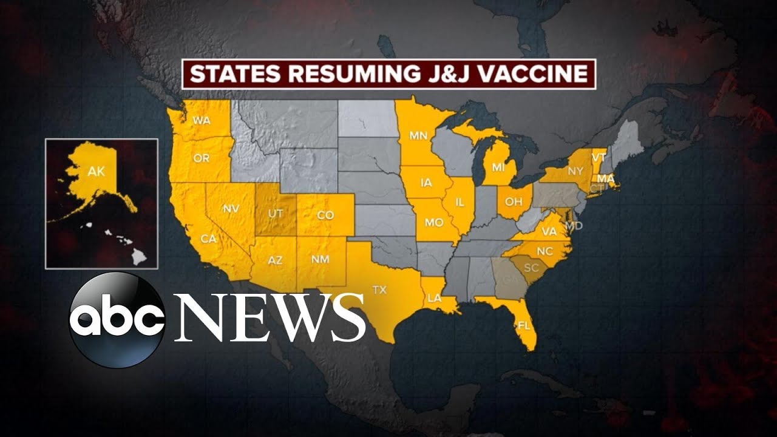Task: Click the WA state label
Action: tap(202, 121)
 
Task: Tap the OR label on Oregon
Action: tap(202, 158)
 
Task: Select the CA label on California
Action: tap(208, 239)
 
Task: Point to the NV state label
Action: tap(231, 209)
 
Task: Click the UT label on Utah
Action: tap(276, 214)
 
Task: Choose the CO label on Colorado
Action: tap(325, 215)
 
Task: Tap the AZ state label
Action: tap(275, 260)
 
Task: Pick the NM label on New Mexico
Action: tap(321, 259)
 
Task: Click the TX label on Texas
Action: tap(379, 290)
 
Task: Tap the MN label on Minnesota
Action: tap(418, 135)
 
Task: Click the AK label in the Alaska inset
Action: tap(97, 172)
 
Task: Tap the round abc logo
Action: tap(117, 319)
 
